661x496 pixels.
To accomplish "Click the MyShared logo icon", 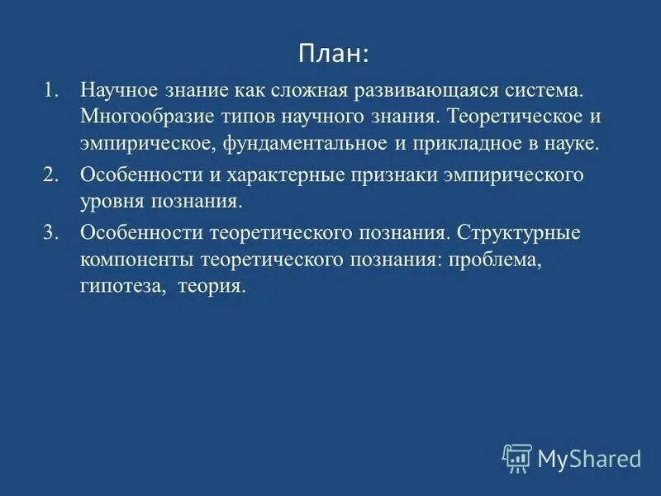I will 516,457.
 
